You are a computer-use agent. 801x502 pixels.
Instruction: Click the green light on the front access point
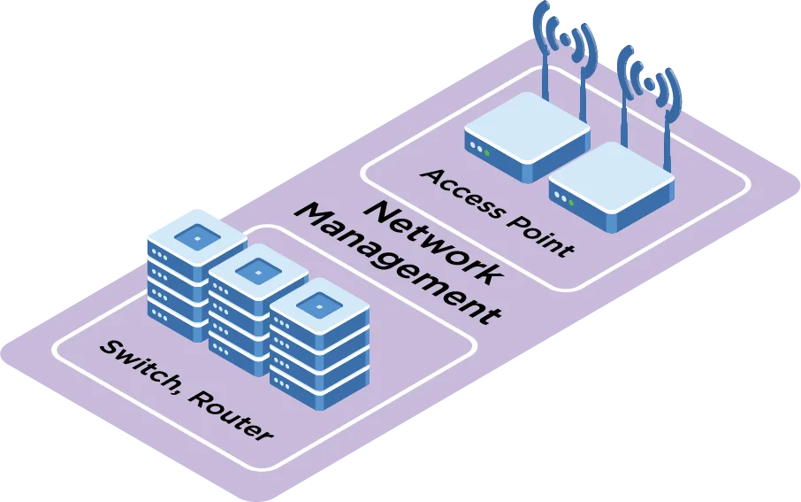[x=571, y=203]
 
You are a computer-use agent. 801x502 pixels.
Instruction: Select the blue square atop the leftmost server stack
[x=195, y=236]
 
